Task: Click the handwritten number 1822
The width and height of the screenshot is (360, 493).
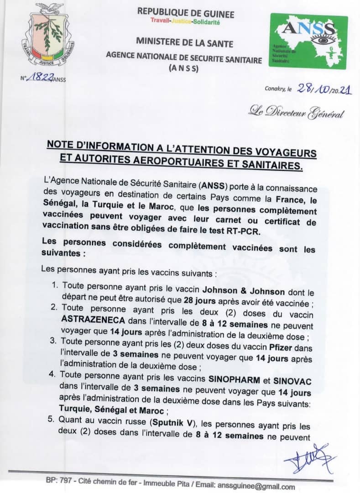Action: point(40,78)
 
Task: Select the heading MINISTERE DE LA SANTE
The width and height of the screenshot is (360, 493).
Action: point(184,44)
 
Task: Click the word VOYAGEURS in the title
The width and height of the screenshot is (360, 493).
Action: point(282,150)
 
